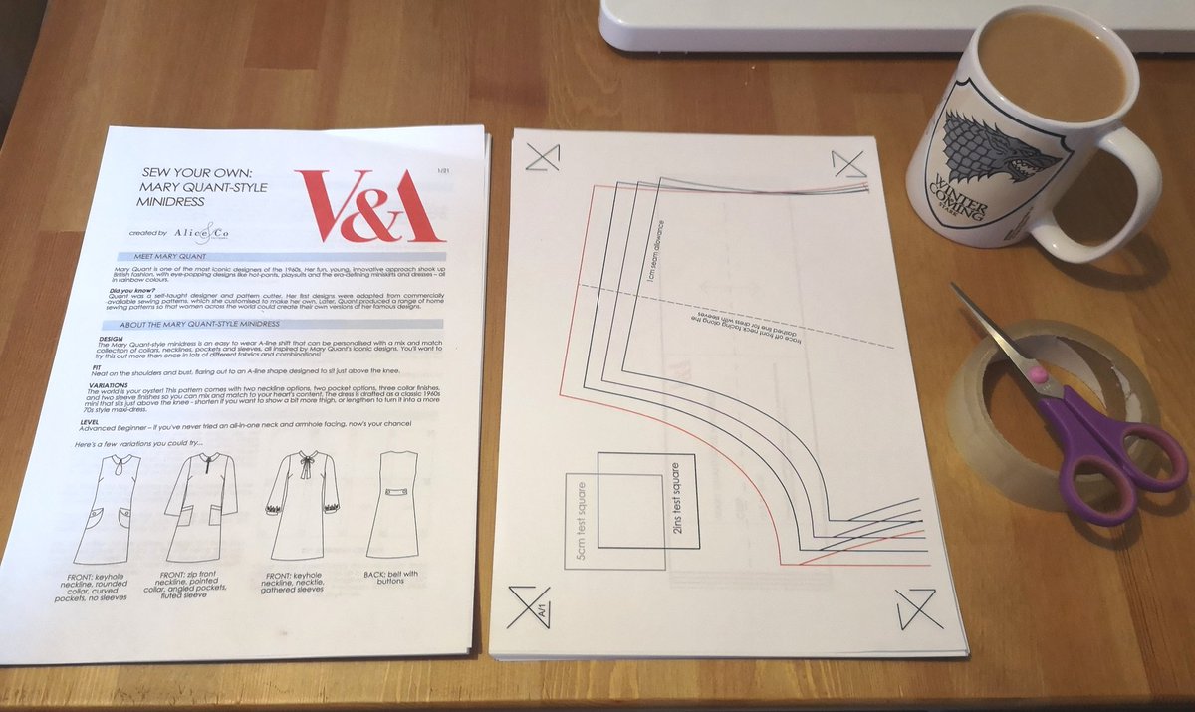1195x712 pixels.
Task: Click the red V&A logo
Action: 369,205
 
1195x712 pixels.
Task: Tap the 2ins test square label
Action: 677,499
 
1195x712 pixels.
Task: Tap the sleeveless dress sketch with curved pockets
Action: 107,508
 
